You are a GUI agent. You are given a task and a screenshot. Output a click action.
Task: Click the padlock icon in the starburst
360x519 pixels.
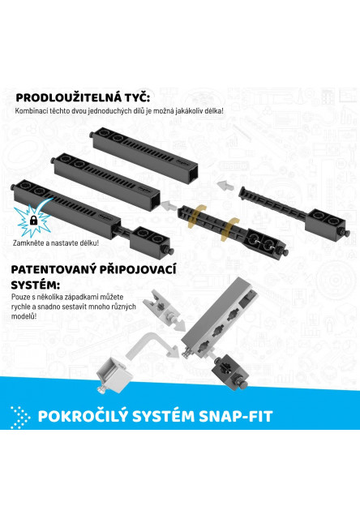(x=33, y=220)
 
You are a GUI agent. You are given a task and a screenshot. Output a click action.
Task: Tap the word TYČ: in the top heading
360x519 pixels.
(x=137, y=98)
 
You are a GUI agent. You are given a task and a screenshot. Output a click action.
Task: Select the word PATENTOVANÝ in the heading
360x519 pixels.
(x=53, y=269)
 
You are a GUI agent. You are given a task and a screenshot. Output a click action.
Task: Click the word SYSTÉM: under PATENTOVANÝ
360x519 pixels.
(x=36, y=285)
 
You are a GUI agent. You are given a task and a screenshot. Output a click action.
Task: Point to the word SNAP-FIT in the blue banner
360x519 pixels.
(x=236, y=416)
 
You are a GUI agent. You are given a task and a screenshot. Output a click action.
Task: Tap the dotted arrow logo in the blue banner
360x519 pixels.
(x=20, y=417)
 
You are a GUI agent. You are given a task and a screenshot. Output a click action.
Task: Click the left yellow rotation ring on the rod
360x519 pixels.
(x=197, y=217)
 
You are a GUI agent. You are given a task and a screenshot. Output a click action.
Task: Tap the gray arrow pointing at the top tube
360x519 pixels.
(x=225, y=185)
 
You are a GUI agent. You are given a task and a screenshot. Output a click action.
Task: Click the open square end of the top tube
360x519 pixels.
(x=192, y=174)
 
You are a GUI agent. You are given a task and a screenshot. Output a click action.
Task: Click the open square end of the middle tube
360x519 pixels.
(x=155, y=200)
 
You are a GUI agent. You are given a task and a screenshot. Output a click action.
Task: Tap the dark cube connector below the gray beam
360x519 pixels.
(x=230, y=371)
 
